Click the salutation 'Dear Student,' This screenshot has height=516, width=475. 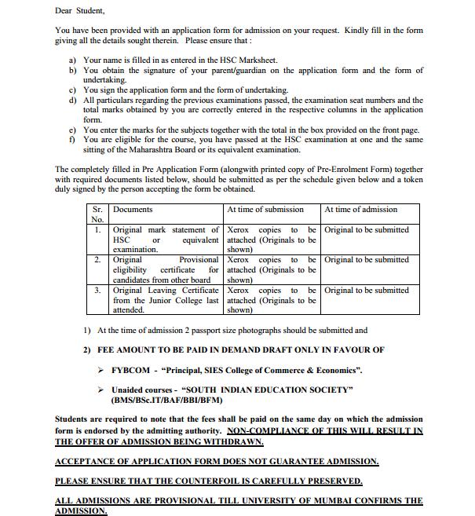coord(79,11)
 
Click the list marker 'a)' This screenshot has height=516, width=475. coord(72,60)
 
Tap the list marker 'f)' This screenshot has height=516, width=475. coord(72,140)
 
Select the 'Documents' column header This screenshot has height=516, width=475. coord(133,210)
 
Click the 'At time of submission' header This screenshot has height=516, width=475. coord(265,210)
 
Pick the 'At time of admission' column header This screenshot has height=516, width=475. coord(360,210)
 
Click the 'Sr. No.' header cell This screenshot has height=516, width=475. coord(97,214)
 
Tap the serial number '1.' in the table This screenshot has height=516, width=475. coord(97,230)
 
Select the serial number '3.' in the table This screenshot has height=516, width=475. coord(97,291)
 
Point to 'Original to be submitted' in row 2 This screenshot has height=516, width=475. coord(367,260)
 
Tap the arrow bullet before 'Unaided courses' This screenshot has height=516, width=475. coord(100,390)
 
